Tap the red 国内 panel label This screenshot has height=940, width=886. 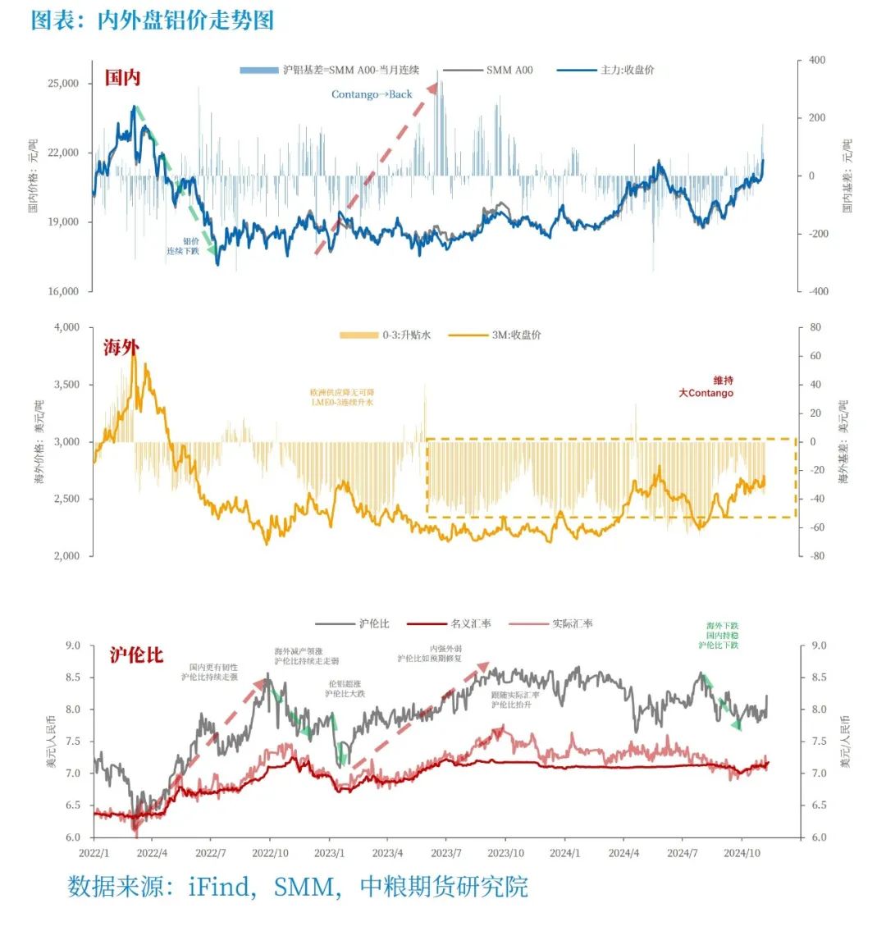pyautogui.click(x=122, y=78)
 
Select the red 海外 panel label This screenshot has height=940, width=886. pyautogui.click(x=121, y=348)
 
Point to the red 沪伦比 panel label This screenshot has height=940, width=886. pyautogui.click(x=136, y=655)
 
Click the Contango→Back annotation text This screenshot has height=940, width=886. pyautogui.click(x=372, y=94)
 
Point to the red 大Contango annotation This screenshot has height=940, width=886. pyautogui.click(x=706, y=393)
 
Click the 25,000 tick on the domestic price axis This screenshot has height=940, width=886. pyautogui.click(x=63, y=84)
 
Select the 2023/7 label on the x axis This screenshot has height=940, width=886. pyautogui.click(x=445, y=853)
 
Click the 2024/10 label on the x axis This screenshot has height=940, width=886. pyautogui.click(x=741, y=853)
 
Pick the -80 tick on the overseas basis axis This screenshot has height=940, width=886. pyautogui.click(x=816, y=556)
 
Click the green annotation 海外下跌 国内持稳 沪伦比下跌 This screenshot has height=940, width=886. pyautogui.click(x=722, y=636)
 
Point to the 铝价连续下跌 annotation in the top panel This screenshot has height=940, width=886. pyautogui.click(x=184, y=246)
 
